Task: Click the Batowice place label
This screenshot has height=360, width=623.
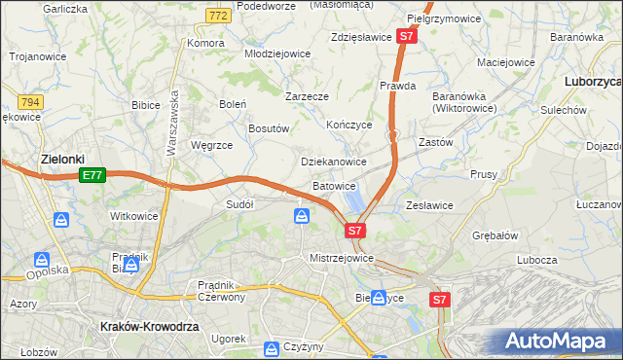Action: coord(334,185)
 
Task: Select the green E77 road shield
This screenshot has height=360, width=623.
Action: coord(92,175)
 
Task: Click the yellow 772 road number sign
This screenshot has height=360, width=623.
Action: coord(218,17)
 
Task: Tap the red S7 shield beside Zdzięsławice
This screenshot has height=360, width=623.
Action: coord(408,37)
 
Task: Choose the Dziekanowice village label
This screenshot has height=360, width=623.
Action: coord(334,162)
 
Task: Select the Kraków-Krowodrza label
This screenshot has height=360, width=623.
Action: coord(149,327)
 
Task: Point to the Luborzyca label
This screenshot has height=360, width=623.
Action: coord(592,83)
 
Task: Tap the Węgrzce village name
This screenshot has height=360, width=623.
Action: coord(212,145)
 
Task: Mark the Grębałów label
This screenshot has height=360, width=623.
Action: coord(494,235)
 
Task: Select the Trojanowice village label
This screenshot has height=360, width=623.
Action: coord(38,56)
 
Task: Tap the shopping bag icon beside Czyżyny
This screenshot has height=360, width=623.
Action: coord(271,347)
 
